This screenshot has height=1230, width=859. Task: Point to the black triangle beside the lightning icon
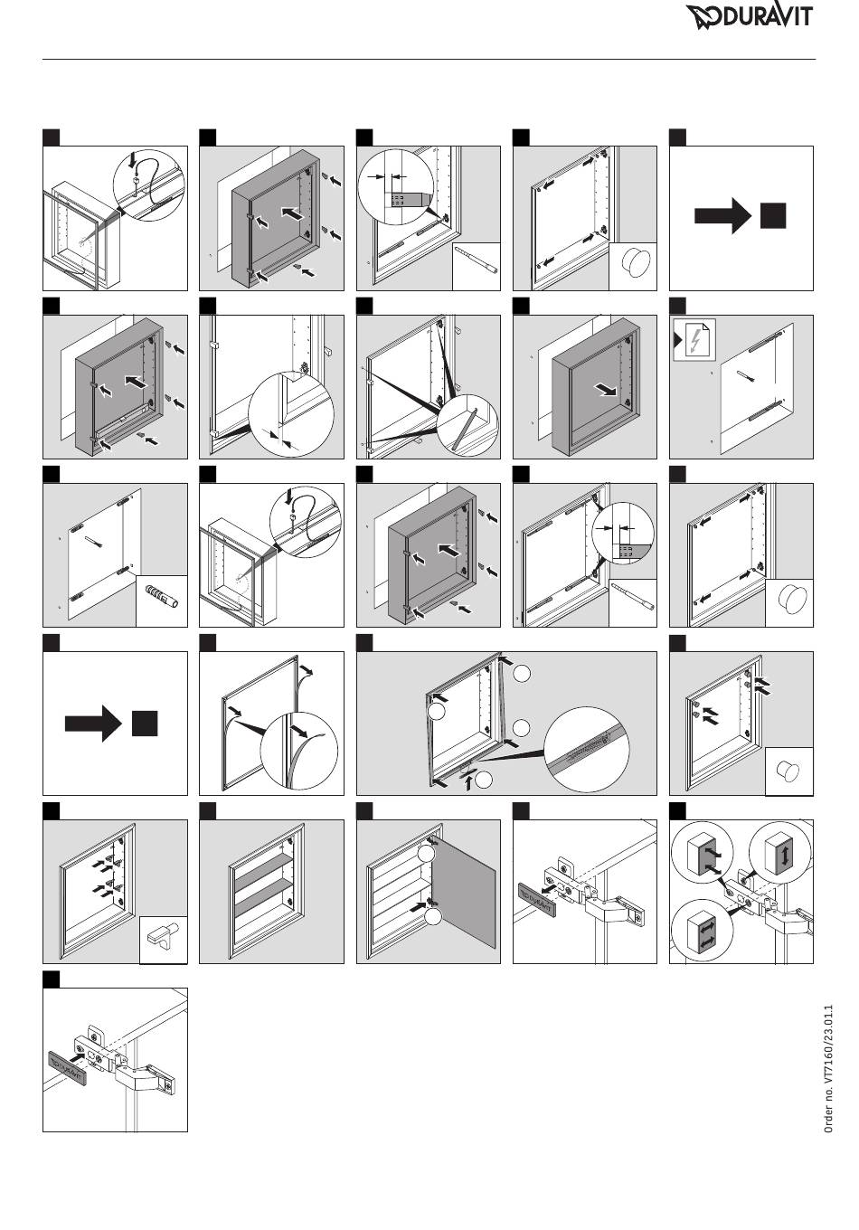[x=678, y=340]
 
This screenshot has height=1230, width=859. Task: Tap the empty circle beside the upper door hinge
[x=426, y=854]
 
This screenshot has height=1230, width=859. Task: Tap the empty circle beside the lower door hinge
[x=433, y=916]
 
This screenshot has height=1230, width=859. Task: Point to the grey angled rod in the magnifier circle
[x=466, y=429]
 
